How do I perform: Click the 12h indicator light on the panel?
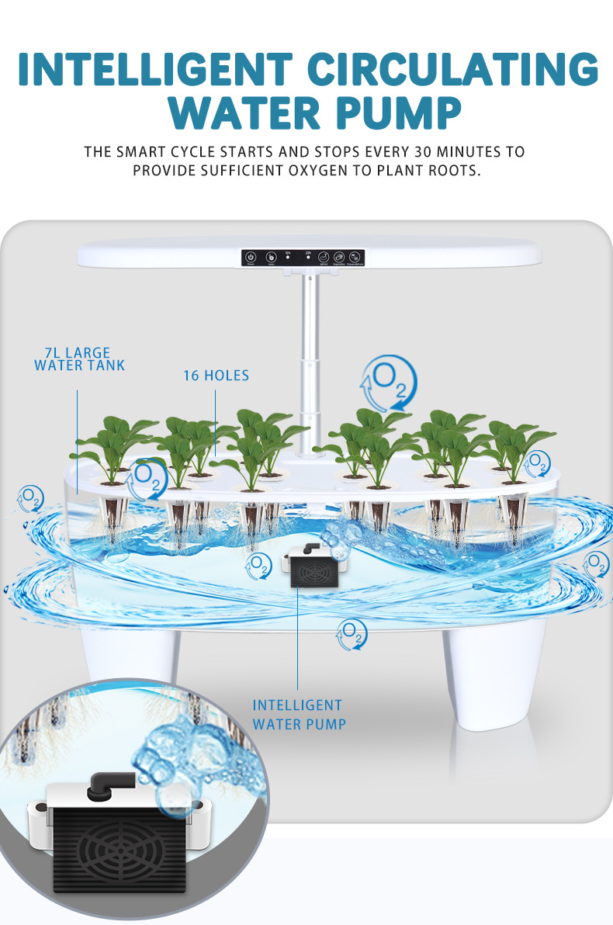click(288, 256)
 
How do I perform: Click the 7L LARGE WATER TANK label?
click(79, 359)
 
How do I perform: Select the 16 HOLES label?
click(216, 376)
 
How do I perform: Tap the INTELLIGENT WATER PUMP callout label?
click(298, 715)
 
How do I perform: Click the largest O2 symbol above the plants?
click(388, 382)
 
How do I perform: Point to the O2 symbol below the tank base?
click(352, 634)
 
